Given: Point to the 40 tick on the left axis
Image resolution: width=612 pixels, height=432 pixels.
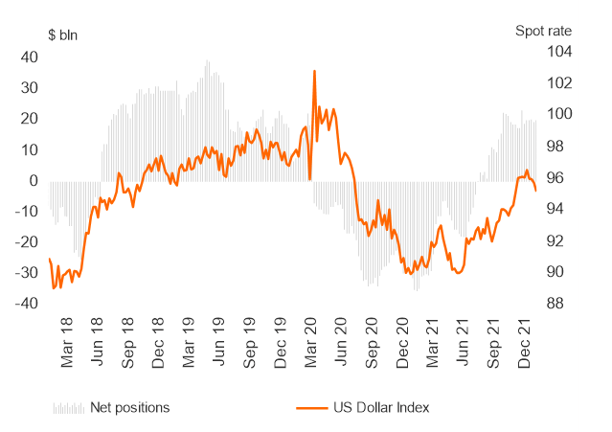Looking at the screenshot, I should click(x=29, y=57).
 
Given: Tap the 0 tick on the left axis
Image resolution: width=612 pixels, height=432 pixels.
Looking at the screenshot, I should click(x=34, y=180).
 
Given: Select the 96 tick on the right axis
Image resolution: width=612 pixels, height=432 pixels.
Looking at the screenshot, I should click(x=556, y=178).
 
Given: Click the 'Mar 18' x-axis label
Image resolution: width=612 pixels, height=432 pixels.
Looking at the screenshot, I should click(x=66, y=346).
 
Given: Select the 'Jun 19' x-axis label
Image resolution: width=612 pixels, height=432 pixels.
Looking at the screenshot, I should click(x=218, y=346).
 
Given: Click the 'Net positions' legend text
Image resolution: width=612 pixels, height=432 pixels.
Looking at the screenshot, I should click(x=129, y=408).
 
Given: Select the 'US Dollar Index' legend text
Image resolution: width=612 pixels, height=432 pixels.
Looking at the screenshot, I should click(x=382, y=408).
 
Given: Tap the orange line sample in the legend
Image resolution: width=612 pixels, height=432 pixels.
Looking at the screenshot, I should click(x=307, y=408).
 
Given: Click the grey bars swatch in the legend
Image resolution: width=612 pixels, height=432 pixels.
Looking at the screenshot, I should click(x=68, y=408).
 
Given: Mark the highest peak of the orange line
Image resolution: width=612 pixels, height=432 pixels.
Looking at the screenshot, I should click(x=314, y=70).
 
